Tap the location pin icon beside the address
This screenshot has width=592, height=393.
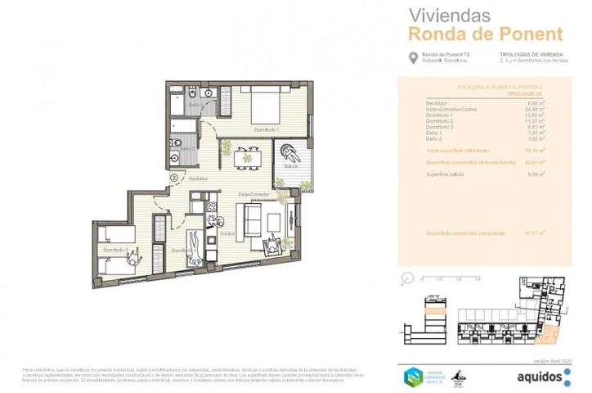coord(412,57)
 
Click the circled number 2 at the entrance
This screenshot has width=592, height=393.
coord(173,177)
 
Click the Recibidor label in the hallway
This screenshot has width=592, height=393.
coord(197,178)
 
